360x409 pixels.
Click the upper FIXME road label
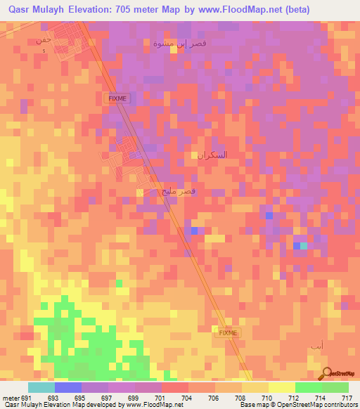click(117, 99)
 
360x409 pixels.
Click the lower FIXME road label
click(229, 332)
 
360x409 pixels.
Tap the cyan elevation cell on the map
click(303, 246)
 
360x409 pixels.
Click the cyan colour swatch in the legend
click(41, 387)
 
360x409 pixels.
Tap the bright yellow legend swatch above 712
click(281, 387)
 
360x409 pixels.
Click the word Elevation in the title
click(91, 10)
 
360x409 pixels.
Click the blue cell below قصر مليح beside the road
click(193, 231)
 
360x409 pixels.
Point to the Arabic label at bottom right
click(317, 347)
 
